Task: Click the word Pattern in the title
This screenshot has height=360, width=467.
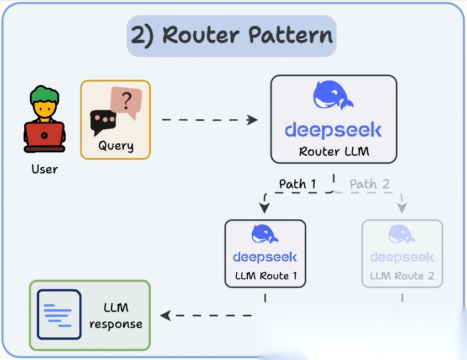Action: pyautogui.click(x=290, y=35)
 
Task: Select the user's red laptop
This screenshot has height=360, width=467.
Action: pyautogui.click(x=44, y=135)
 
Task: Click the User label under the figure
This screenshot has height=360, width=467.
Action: pyautogui.click(x=45, y=169)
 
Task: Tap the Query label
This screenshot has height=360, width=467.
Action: pyautogui.click(x=116, y=146)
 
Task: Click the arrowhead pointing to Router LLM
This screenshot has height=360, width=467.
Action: pyautogui.click(x=253, y=120)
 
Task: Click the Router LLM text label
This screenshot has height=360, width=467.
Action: pyautogui.click(x=333, y=151)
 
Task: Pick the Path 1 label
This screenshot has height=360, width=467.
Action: pyautogui.click(x=298, y=184)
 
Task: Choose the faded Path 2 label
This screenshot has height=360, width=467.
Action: pyautogui.click(x=370, y=184)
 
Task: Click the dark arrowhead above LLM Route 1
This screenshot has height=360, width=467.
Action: pyautogui.click(x=265, y=208)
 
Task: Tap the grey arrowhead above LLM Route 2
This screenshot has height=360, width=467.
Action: pyautogui.click(x=402, y=208)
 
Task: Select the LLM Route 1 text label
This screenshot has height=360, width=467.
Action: pyautogui.click(x=265, y=275)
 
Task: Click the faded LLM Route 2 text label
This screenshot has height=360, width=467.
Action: pyautogui.click(x=402, y=275)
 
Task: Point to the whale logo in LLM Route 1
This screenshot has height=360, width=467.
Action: pyautogui.click(x=265, y=234)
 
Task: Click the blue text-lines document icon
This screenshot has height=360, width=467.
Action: pyautogui.click(x=59, y=314)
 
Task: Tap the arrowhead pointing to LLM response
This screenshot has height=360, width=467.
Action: pyautogui.click(x=165, y=316)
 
